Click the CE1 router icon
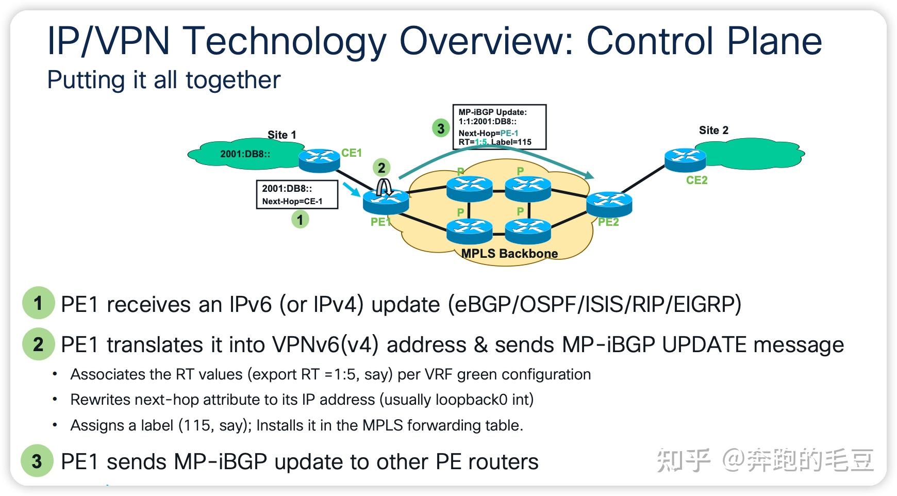(x=320, y=160)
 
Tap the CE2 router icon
(x=685, y=160)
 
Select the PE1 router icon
(x=386, y=202)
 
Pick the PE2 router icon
(x=609, y=204)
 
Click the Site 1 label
(x=281, y=135)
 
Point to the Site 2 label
(x=713, y=130)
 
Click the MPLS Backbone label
(x=509, y=253)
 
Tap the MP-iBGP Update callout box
(x=499, y=127)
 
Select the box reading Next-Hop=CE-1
(x=297, y=194)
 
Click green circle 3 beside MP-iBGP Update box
(x=441, y=128)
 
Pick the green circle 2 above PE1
(x=381, y=168)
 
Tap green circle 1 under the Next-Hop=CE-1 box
(x=300, y=220)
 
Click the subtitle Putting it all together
(x=163, y=80)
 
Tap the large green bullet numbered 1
(x=38, y=303)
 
